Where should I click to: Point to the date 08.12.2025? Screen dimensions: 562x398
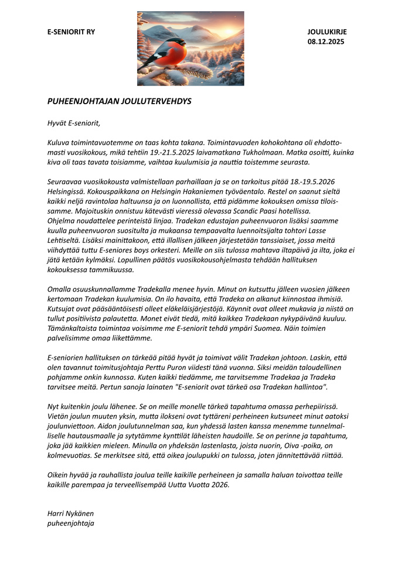(326, 42)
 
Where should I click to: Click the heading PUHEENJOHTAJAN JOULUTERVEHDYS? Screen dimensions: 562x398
(120, 101)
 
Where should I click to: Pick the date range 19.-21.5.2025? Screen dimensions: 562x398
(186, 152)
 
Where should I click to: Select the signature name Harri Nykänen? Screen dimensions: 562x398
(70, 513)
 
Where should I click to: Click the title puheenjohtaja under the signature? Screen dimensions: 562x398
(70, 523)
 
